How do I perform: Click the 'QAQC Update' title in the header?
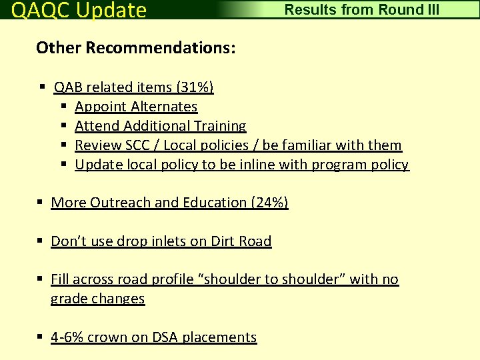pyautogui.click(x=79, y=10)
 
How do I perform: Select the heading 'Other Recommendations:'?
pyautogui.click(x=136, y=48)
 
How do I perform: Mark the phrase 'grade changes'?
pyautogui.click(x=97, y=299)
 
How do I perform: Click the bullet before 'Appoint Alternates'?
pyautogui.click(x=64, y=107)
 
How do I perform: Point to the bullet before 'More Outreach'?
pyautogui.click(x=41, y=203)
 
